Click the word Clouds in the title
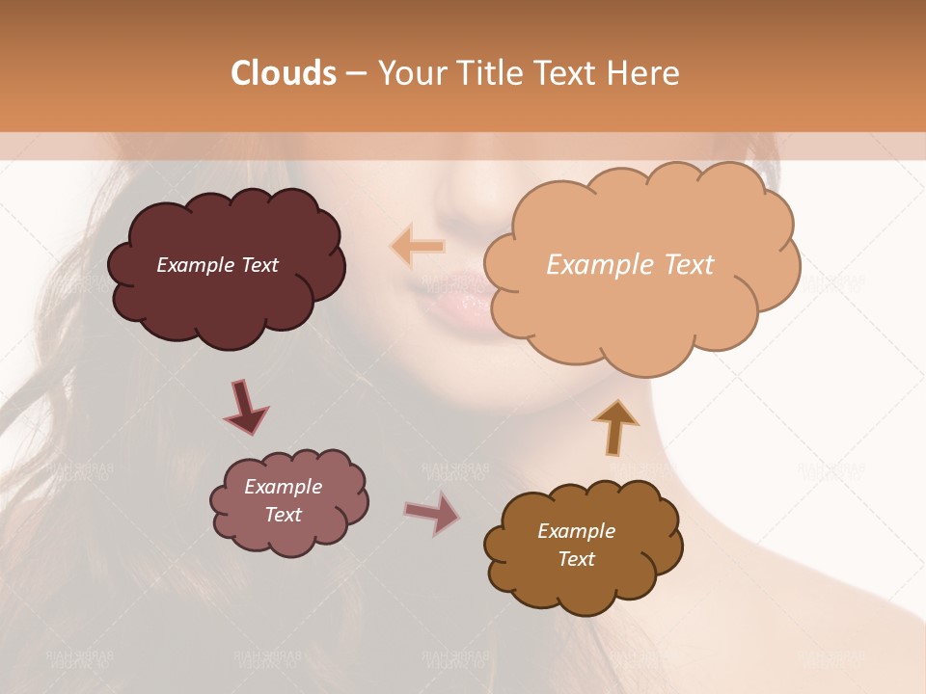tap(284, 73)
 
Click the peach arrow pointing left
tap(418, 246)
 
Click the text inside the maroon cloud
tap(217, 265)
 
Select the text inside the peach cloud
tap(630, 265)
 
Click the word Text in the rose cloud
tap(283, 515)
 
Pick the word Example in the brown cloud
tap(576, 531)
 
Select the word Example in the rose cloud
tap(283, 487)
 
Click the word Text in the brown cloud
tap(576, 559)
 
